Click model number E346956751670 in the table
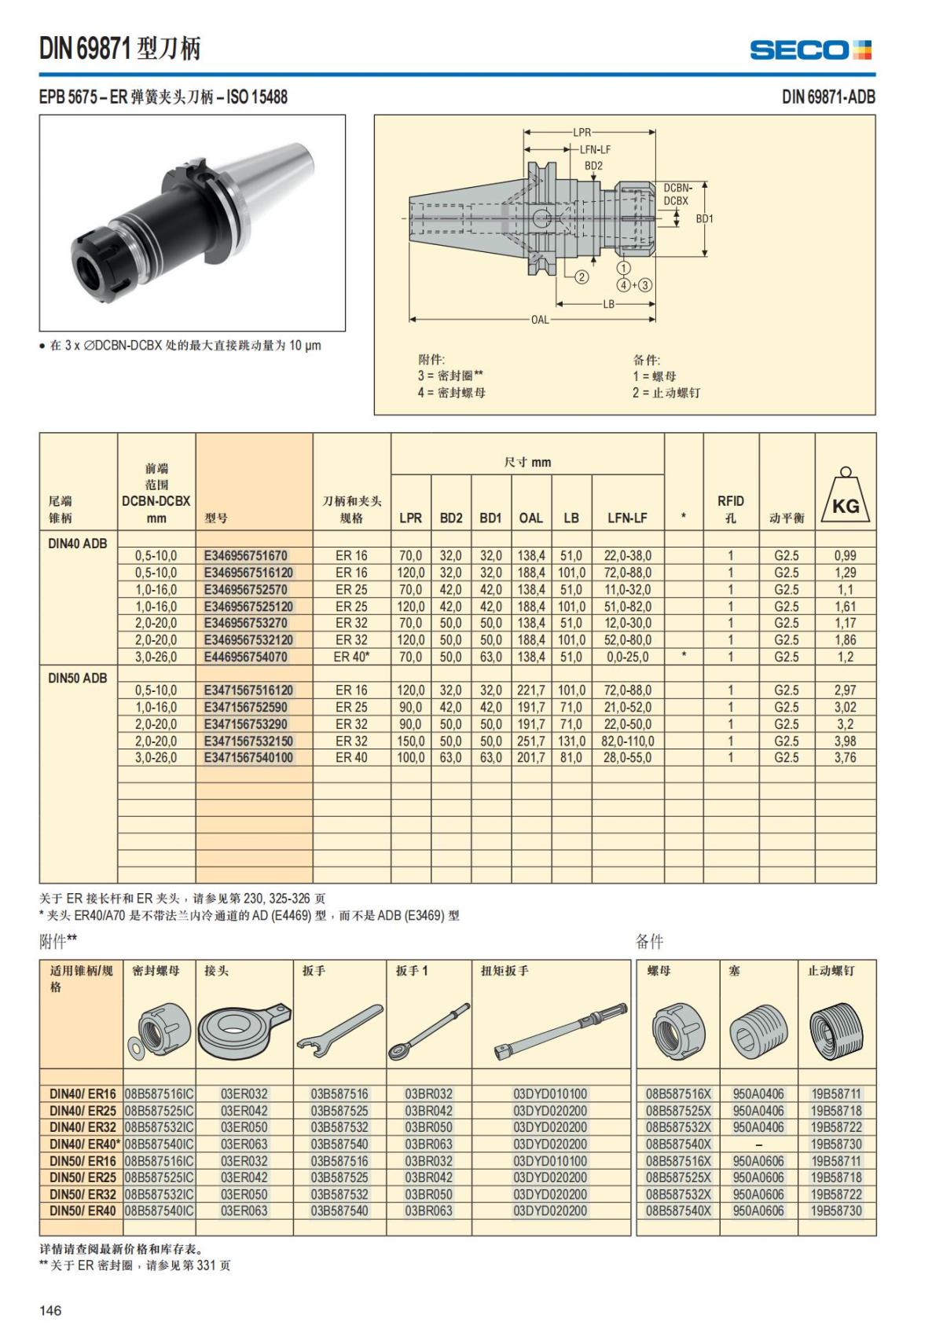pos(246,555)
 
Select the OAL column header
pos(530,518)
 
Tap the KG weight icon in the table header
pos(846,497)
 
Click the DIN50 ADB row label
pos(78,678)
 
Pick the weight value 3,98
pos(845,741)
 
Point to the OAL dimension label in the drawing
pos(540,320)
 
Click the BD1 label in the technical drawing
pos(705,218)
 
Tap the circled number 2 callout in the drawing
pos(581,276)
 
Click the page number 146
pos(50,1310)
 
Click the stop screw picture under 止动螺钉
pos(836,1030)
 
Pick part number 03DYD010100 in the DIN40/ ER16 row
pos(550,1093)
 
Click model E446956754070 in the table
pos(246,657)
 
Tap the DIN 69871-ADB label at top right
pos(827,97)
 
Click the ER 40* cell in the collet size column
pos(351,657)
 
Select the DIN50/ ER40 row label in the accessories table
pos(83,1210)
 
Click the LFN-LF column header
pos(627,518)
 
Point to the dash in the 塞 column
pos(758,1144)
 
